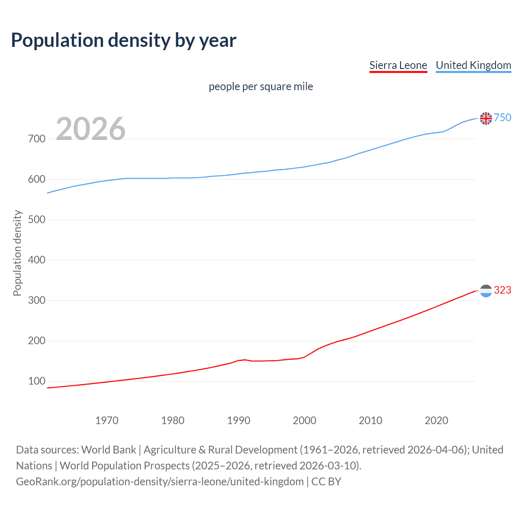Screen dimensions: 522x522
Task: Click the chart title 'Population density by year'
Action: pos(124,40)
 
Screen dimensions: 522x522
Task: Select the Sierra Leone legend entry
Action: pos(398,65)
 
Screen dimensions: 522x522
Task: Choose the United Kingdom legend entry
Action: pos(473,65)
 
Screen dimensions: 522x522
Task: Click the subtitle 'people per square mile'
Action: pos(261,86)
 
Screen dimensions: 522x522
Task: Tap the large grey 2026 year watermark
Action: pos(91,129)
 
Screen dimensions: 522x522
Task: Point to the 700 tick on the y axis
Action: pos(37,139)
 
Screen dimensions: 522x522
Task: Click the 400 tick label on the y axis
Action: pos(37,260)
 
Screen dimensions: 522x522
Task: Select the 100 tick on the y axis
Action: pos(37,381)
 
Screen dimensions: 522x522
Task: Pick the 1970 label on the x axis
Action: pos(107,420)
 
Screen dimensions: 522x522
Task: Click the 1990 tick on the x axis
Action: pos(239,420)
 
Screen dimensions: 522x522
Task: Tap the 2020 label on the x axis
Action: pos(436,420)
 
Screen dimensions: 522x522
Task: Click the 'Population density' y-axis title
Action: pos(17,253)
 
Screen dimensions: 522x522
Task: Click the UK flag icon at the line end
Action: pos(486,118)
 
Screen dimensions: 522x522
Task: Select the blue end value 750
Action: pos(502,118)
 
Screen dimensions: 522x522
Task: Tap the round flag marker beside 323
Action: pos(486,291)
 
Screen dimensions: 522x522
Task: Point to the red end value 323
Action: pos(502,290)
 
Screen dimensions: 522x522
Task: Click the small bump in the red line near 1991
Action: pos(245,360)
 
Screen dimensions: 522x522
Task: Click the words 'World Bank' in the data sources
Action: pos(108,450)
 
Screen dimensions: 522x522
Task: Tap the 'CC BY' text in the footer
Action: pos(326,482)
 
